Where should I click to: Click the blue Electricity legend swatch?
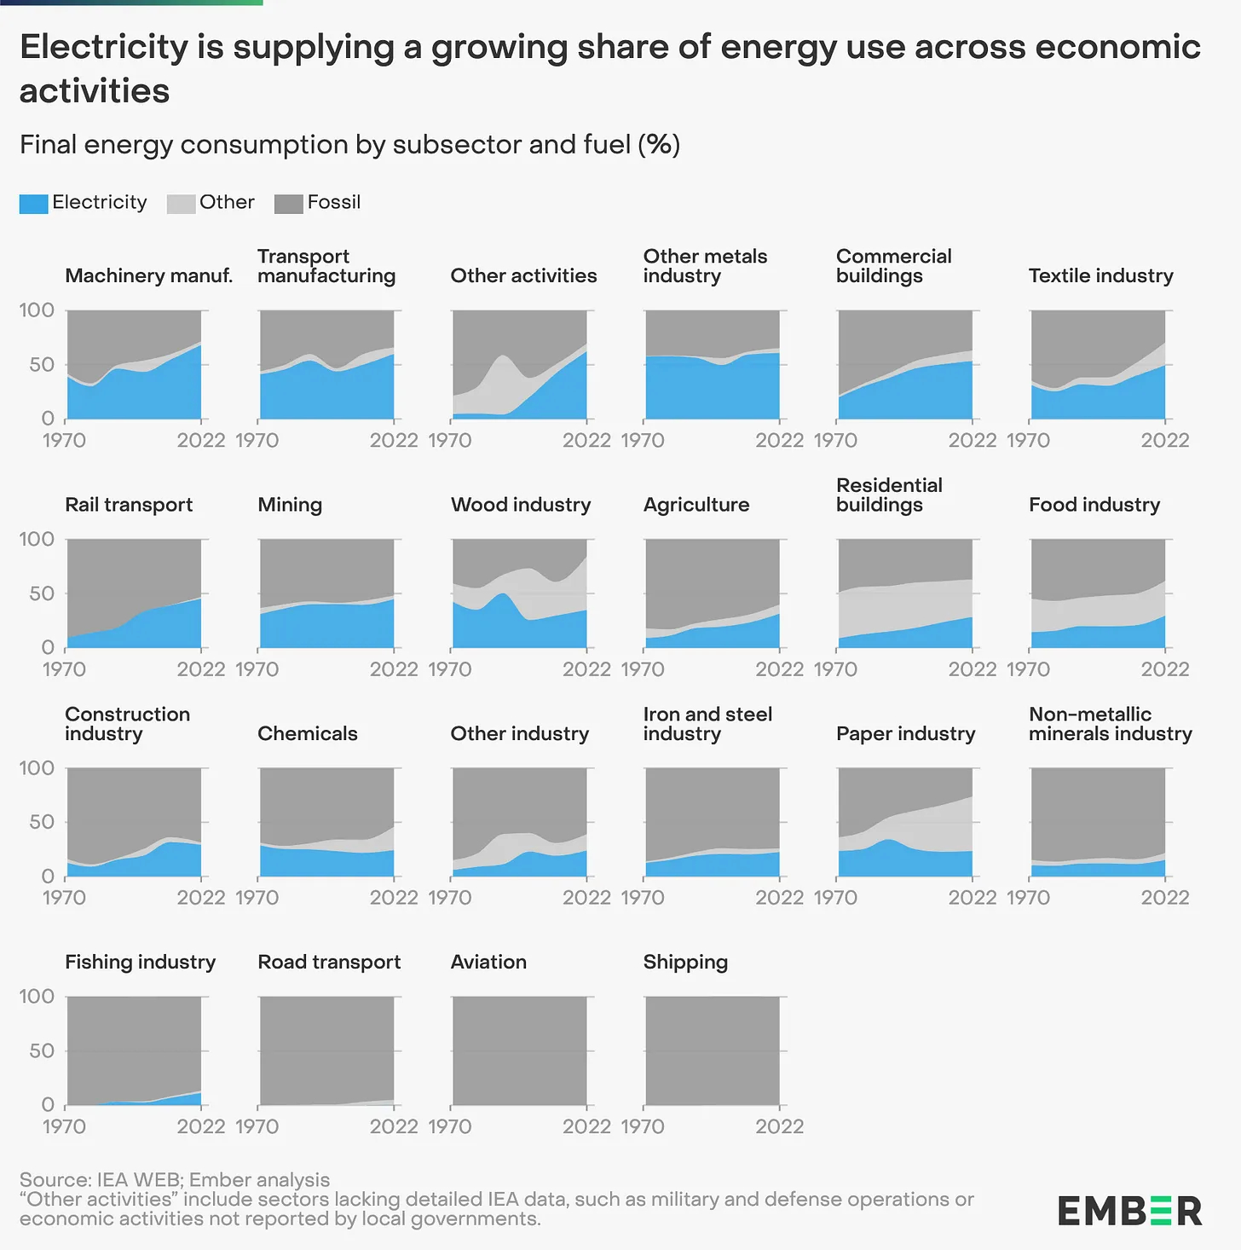coord(33,204)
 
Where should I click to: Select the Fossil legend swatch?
coord(289,204)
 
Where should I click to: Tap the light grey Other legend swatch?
coord(181,204)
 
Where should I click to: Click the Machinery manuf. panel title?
coord(148,275)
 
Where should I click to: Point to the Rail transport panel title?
coord(129,505)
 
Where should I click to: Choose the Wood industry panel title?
coord(521,505)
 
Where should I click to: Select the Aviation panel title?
coord(488,962)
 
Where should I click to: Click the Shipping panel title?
coord(685,962)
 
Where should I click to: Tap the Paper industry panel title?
coord(905,733)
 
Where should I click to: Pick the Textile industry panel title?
coord(1100,275)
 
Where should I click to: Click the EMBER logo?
coord(1129,1211)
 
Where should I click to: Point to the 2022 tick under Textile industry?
coord(1164,440)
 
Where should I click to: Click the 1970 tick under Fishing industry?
coord(64,1126)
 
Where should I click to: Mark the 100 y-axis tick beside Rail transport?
coord(36,539)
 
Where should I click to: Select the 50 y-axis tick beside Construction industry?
coord(41,822)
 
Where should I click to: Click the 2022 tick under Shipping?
coord(779,1126)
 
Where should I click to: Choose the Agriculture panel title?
coord(696,505)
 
